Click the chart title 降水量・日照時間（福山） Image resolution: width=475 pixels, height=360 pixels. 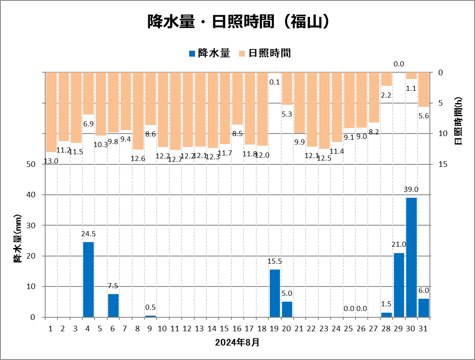[238, 22]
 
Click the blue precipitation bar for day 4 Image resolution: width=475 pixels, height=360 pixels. [88, 279]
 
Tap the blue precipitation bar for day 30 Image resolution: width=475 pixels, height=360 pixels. [411, 257]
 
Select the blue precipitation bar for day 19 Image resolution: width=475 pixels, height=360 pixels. [275, 293]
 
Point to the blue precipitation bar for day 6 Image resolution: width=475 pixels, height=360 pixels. [113, 305]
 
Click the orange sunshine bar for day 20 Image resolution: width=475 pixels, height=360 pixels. [287, 88]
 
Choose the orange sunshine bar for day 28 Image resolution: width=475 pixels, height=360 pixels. [386, 79]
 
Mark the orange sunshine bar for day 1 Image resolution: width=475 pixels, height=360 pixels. [51, 112]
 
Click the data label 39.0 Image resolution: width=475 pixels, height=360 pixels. [411, 189]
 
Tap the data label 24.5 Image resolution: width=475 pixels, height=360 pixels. [88, 234]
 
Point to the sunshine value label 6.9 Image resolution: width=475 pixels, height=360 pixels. [88, 124]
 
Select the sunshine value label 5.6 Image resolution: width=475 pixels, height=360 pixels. [423, 116]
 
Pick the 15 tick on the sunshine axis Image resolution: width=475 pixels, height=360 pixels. [443, 164]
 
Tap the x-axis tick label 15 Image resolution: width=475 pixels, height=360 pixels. [225, 328]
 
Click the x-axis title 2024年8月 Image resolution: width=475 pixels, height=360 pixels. [237, 342]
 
